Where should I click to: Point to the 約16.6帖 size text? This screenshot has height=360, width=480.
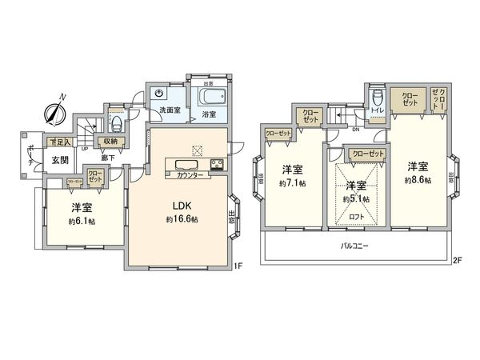point(182,219)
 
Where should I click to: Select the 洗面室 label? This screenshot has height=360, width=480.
point(170,110)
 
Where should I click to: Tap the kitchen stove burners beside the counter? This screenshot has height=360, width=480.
point(216,166)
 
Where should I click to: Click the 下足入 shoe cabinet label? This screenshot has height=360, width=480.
point(59,142)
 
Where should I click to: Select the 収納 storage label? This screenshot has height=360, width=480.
point(110,142)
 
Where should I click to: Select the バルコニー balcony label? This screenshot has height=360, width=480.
point(354,245)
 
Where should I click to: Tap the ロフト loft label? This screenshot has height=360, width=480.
point(356,216)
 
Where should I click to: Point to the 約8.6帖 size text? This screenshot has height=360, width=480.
point(418,182)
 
